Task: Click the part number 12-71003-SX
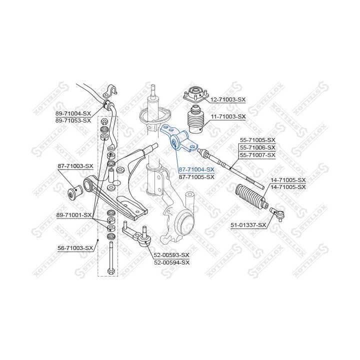pyautogui.click(x=228, y=99)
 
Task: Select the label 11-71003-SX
pyautogui.click(x=228, y=116)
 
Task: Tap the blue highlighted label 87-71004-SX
pyautogui.click(x=196, y=169)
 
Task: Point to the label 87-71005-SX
pyautogui.click(x=196, y=177)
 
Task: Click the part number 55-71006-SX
pyautogui.click(x=257, y=147)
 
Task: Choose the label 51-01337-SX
pyautogui.click(x=248, y=225)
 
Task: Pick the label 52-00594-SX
pyautogui.click(x=171, y=262)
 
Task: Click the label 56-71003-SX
pyautogui.click(x=75, y=248)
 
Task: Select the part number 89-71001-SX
pyautogui.click(x=74, y=215)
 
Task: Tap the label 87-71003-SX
pyautogui.click(x=75, y=166)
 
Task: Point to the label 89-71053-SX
pyautogui.click(x=73, y=120)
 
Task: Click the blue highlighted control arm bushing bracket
pyautogui.click(x=179, y=138)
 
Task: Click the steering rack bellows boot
pyautogui.click(x=250, y=196)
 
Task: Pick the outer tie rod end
pyautogui.click(x=277, y=213)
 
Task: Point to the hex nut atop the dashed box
pyautogui.click(x=104, y=121)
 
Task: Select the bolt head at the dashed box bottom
pyautogui.click(x=111, y=271)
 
